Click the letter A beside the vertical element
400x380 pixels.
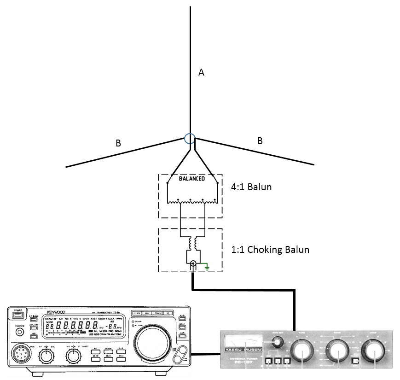pos(201,72)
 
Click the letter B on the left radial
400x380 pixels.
pos(118,143)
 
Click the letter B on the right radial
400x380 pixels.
pos(260,141)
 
